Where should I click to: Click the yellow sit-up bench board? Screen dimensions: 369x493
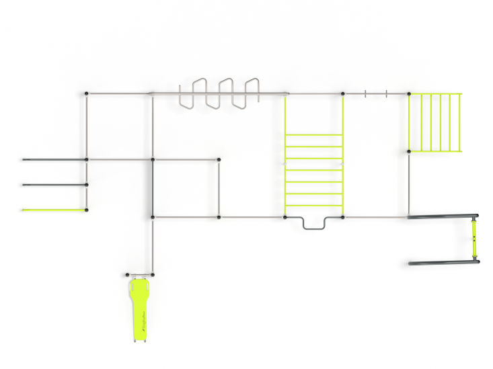139,309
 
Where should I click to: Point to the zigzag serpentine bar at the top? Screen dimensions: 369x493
219,94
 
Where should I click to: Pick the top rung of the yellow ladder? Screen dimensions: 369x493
314,135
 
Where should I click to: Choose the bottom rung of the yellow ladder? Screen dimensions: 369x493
314,206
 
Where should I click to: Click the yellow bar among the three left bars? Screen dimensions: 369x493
54,210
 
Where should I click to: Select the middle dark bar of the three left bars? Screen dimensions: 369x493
54,184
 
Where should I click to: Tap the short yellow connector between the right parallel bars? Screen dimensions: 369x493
475,239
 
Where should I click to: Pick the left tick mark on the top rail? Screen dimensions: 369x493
365,93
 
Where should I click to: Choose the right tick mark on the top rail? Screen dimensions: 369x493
387,93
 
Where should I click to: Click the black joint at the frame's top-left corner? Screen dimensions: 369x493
87,93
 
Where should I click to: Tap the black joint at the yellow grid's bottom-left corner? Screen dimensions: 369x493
408,151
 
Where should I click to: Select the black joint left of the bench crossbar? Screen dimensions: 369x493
127,274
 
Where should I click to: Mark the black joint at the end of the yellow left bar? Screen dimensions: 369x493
87,210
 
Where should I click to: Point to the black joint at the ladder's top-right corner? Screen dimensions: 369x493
343,93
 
